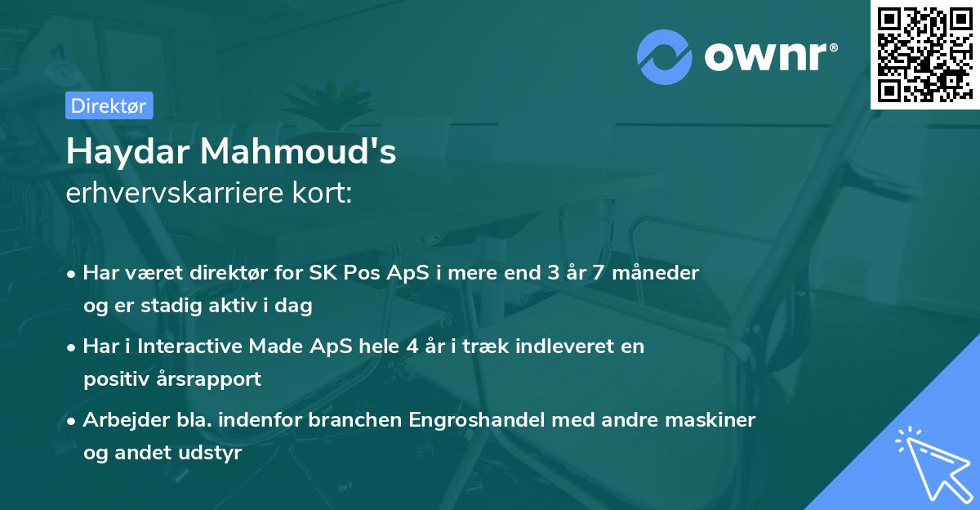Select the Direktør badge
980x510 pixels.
click(x=109, y=105)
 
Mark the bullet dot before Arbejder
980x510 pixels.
click(x=73, y=420)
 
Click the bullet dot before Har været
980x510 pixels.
click(x=73, y=273)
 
